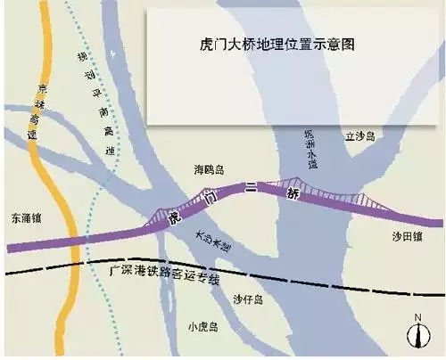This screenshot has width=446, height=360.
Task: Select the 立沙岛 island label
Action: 360,136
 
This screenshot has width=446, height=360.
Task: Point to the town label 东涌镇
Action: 27,217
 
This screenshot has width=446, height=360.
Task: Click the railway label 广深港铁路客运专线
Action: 160,274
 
